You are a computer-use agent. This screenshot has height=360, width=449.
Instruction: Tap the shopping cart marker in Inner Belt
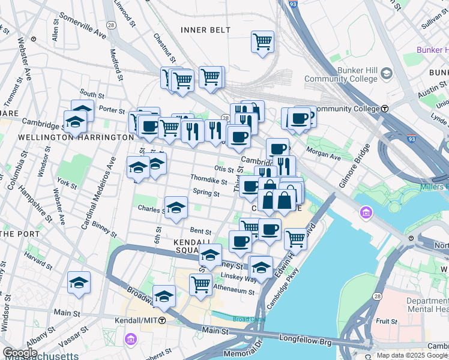point(262,42)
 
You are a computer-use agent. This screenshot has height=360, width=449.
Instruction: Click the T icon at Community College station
point(385,109)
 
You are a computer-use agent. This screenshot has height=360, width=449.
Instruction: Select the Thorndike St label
point(208,181)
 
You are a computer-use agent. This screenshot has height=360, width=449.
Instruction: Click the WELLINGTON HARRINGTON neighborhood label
point(67,137)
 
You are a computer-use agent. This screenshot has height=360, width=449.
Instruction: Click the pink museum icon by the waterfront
point(365,212)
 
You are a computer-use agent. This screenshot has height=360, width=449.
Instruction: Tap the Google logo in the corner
point(20,352)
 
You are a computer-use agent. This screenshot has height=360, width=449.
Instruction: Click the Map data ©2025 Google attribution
point(412,355)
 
